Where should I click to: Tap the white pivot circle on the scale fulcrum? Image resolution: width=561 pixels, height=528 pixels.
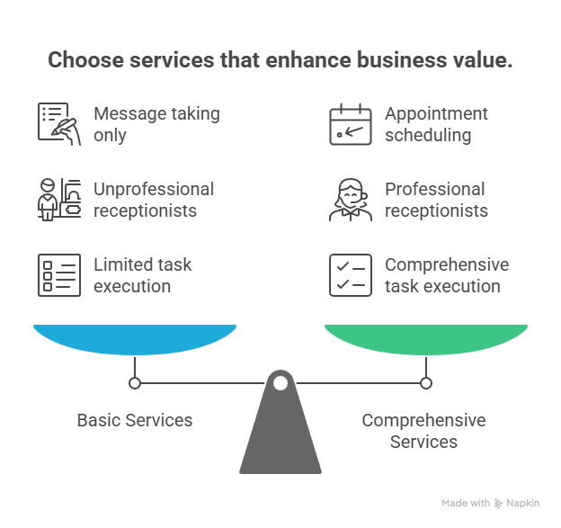click(x=280, y=384)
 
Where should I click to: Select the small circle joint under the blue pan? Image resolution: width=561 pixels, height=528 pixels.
click(x=135, y=383)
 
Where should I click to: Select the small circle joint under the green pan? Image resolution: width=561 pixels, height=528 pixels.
click(x=425, y=383)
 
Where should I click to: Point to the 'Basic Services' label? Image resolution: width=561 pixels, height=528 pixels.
click(x=134, y=420)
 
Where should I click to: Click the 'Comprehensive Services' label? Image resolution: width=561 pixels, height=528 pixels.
click(x=423, y=431)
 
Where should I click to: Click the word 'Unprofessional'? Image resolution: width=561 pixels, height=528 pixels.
click(x=154, y=189)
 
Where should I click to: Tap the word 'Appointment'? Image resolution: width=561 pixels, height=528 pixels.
click(x=436, y=114)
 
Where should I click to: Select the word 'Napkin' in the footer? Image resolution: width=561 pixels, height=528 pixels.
click(x=515, y=503)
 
